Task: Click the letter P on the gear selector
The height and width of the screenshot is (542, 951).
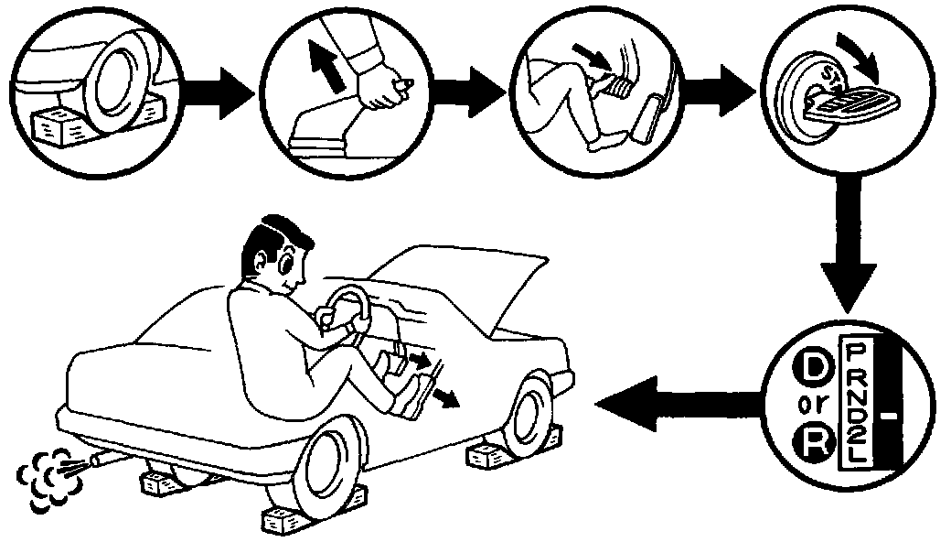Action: [x=857, y=351]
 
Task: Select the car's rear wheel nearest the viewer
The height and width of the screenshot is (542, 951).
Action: [x=325, y=475]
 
